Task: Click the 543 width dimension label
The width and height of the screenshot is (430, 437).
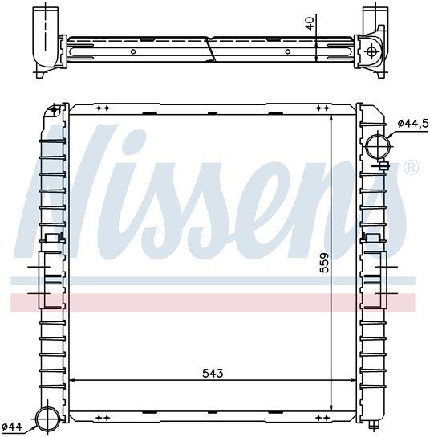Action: click(213, 373)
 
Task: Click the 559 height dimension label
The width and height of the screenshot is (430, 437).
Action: click(324, 263)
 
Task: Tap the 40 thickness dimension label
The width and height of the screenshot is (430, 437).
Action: click(310, 23)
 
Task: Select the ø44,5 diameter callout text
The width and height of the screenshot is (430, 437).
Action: click(413, 123)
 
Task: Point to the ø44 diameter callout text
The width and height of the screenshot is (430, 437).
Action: click(12, 427)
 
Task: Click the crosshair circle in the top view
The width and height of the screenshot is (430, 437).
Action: click(371, 51)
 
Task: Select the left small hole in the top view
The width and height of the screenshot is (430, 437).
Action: click(133, 51)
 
